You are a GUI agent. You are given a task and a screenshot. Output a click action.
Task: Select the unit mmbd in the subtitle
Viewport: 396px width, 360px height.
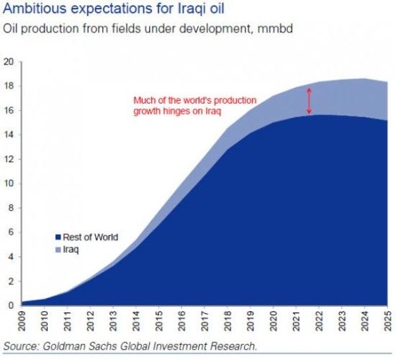(275, 28)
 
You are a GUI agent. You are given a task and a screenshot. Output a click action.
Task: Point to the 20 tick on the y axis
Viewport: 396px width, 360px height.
(9, 62)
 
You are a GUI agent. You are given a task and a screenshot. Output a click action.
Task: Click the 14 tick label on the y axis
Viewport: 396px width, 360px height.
(9, 135)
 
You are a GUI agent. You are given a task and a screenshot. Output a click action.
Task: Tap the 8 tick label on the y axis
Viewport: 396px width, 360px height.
(11, 208)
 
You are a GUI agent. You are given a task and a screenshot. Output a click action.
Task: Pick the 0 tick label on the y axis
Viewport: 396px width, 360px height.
(11, 305)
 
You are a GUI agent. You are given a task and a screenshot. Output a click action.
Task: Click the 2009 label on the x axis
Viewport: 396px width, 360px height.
(22, 321)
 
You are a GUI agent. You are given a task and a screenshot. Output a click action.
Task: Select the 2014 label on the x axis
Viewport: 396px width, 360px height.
(136, 321)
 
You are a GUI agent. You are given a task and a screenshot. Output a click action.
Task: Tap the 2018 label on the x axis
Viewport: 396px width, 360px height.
(228, 321)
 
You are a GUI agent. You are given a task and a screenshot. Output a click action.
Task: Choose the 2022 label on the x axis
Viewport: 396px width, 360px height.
(319, 321)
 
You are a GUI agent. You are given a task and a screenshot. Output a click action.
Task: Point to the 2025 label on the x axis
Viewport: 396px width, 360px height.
(388, 321)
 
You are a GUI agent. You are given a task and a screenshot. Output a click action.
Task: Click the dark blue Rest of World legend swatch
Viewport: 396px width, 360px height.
(58, 238)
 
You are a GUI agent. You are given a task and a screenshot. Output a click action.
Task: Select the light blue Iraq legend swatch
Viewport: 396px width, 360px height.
(58, 250)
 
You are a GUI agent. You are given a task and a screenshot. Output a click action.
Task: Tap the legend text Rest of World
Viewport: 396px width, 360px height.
(91, 237)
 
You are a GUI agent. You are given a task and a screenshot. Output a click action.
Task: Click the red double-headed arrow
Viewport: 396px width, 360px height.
(309, 101)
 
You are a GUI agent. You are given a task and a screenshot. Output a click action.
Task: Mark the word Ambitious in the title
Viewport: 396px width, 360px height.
(35, 9)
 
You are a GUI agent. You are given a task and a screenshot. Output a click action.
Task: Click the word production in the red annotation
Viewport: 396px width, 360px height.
(235, 101)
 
